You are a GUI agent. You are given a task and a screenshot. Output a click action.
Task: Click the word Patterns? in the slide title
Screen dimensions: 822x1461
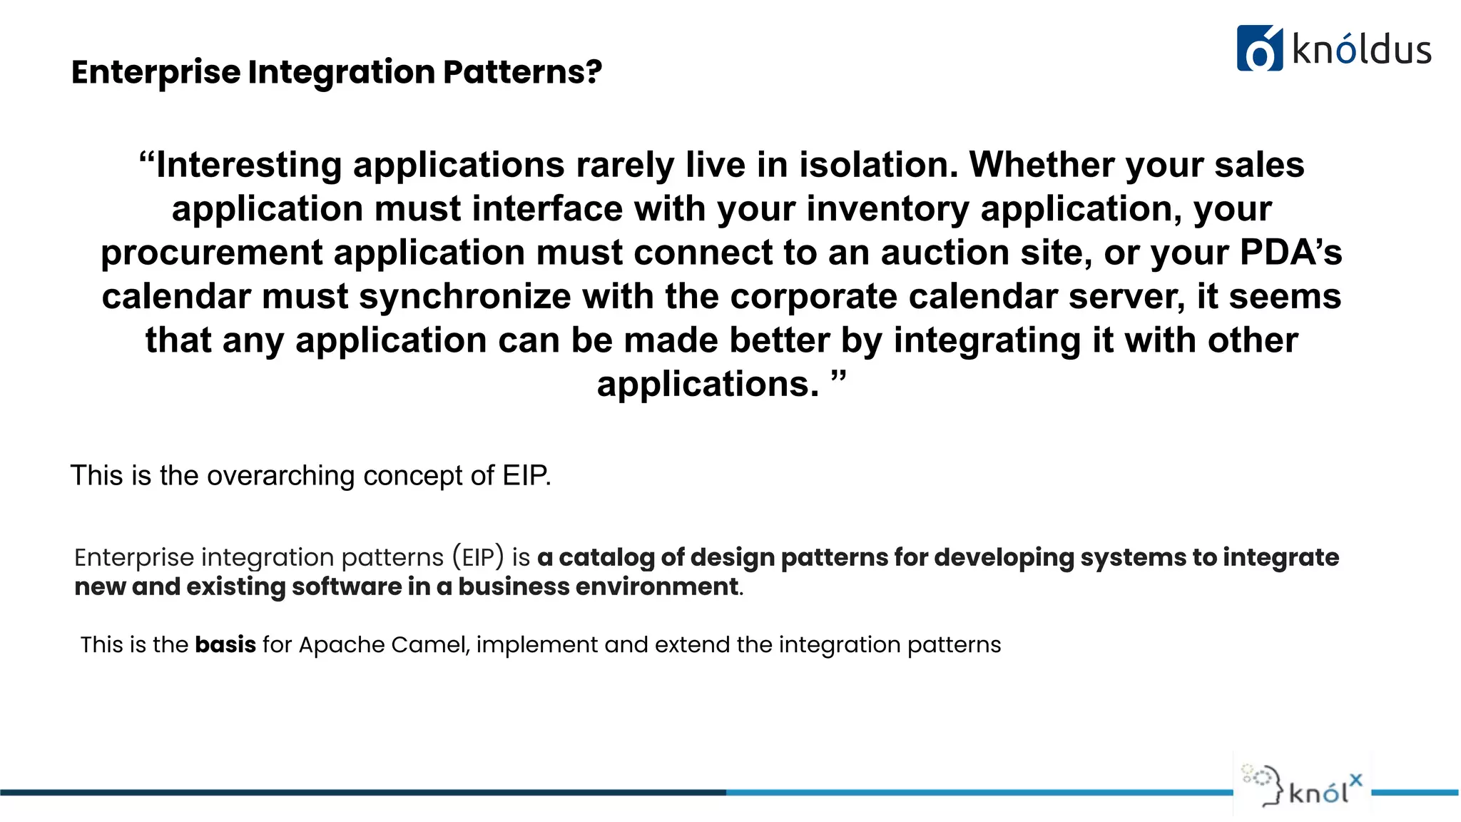click(522, 72)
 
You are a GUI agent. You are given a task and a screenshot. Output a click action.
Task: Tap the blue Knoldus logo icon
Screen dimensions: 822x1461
click(1259, 49)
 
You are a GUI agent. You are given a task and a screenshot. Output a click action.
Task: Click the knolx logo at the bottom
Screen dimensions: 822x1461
click(1303, 785)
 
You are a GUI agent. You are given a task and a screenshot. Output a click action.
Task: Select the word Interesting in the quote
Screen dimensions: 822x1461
click(249, 165)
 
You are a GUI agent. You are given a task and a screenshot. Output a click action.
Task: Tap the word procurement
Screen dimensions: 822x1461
click(212, 253)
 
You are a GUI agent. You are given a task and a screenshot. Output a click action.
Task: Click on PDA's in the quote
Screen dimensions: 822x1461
click(1291, 253)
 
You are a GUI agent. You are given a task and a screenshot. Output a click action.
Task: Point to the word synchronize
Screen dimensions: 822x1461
click(464, 297)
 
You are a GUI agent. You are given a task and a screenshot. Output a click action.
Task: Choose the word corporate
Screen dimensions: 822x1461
click(813, 297)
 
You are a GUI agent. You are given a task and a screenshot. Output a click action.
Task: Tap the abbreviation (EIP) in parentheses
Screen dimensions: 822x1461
click(478, 557)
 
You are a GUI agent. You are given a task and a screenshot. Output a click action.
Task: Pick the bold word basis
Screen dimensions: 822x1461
click(225, 644)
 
